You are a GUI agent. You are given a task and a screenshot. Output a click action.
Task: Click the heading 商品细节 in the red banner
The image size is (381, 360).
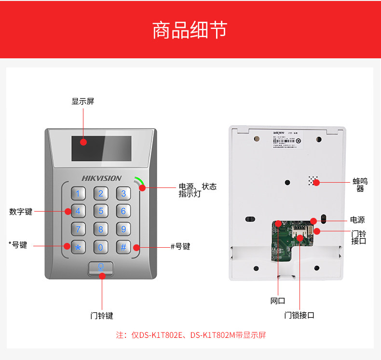[190, 30]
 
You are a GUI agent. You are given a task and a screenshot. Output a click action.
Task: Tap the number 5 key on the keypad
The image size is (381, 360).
[101, 211]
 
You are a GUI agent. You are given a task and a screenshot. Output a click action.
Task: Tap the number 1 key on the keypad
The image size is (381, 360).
[78, 194]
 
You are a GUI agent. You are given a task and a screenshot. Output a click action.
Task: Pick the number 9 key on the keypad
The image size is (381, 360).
[123, 229]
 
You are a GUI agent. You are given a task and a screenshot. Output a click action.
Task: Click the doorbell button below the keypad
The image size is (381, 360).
[101, 268]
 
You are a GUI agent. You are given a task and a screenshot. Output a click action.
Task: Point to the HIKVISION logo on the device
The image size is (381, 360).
[101, 178]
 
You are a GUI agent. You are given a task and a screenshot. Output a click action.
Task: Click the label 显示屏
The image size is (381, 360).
[83, 101]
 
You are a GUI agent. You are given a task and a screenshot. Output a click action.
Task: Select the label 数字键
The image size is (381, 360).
[21, 212]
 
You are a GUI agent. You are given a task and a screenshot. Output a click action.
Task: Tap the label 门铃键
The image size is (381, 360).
[102, 316]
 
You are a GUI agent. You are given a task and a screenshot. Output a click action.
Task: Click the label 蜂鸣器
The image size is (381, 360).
[360, 185]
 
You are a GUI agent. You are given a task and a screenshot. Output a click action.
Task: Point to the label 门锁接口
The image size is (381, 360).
[299, 315]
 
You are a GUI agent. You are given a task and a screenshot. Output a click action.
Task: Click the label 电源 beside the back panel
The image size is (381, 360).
[357, 220]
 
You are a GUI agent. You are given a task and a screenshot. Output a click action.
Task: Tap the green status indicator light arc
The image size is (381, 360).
[139, 181]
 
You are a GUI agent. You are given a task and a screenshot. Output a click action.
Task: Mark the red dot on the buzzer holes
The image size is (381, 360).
[317, 182]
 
